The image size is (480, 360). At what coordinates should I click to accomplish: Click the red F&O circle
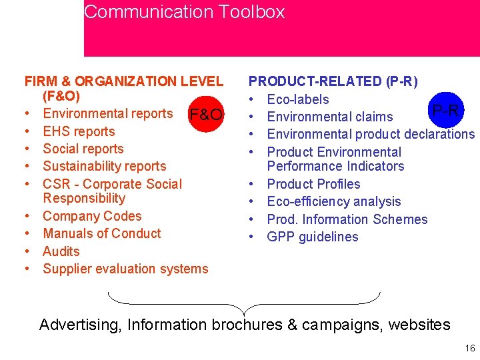click(x=206, y=115)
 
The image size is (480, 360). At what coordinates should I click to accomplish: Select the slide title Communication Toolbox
click(x=185, y=12)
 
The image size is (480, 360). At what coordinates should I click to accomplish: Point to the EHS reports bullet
click(x=79, y=131)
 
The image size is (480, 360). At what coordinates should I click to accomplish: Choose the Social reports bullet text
click(x=83, y=149)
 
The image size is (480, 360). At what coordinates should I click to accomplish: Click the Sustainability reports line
click(x=104, y=166)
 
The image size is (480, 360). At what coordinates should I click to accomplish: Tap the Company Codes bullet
click(x=92, y=216)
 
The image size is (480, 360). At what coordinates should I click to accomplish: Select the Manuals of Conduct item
click(x=101, y=233)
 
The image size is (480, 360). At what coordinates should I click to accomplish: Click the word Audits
click(x=61, y=251)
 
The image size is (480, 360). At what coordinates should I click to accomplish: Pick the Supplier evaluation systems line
click(x=125, y=269)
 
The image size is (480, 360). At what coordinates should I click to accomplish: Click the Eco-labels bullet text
click(x=298, y=99)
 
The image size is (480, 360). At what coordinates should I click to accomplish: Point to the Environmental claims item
click(x=329, y=117)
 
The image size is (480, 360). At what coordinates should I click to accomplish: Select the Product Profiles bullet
click(x=313, y=184)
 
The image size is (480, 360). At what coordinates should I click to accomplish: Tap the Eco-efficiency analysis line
click(x=334, y=201)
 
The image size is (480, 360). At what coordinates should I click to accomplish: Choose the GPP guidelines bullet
click(x=312, y=237)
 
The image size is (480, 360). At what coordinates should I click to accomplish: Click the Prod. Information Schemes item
click(x=347, y=219)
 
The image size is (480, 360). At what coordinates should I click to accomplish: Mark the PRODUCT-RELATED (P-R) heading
click(x=333, y=81)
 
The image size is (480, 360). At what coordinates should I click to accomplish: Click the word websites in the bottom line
click(x=419, y=325)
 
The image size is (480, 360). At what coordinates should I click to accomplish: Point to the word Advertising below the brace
click(x=79, y=325)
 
